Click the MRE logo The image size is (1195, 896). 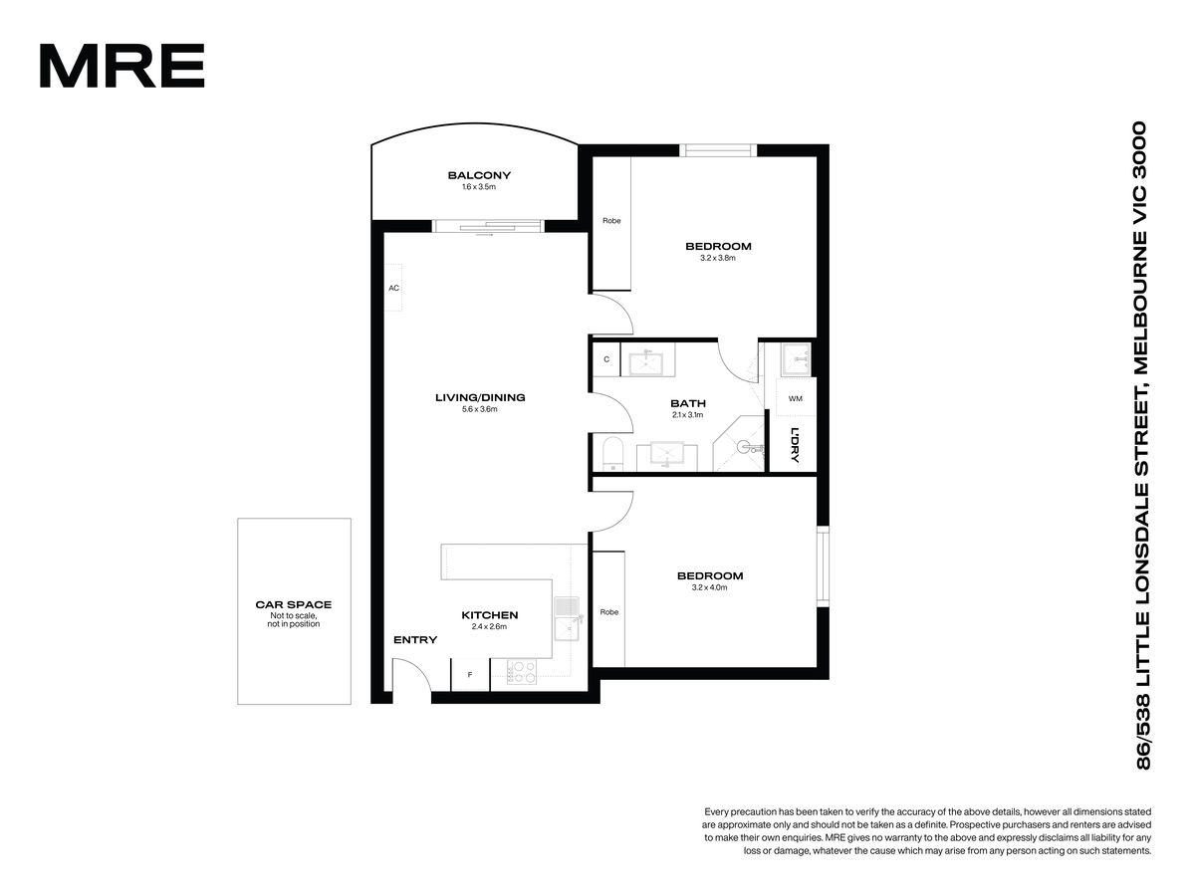[x=121, y=66]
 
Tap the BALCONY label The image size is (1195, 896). [x=479, y=175]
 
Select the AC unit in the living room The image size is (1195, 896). [x=393, y=288]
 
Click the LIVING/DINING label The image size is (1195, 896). [x=480, y=397]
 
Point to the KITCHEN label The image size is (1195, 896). [x=489, y=615]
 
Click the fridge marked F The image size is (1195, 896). [x=470, y=675]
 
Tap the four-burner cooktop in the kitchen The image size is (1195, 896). [x=522, y=671]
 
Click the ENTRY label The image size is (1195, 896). [x=415, y=640]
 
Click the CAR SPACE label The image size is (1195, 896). [x=294, y=604]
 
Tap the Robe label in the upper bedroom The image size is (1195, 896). [x=611, y=221]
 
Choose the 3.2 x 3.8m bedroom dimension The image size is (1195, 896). [x=718, y=258]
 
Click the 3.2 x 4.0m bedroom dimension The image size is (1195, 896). [x=709, y=587]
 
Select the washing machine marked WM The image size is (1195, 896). [x=796, y=398]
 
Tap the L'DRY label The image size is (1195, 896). [x=795, y=444]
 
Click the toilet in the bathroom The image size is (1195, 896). [x=613, y=453]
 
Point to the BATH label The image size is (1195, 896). [x=688, y=403]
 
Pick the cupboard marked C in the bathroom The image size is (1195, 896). [x=606, y=359]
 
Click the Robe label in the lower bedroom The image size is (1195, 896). [x=609, y=612]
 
